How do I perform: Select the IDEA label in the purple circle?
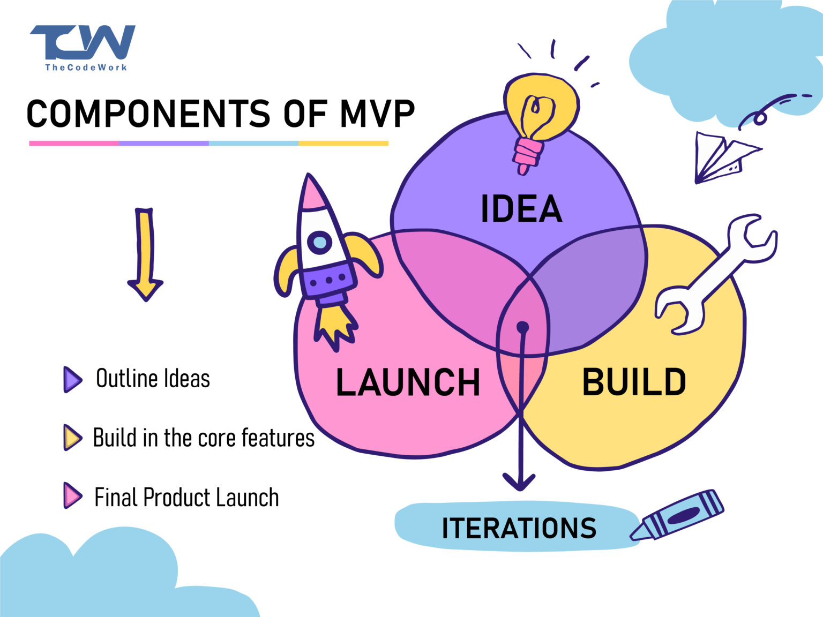click(521, 209)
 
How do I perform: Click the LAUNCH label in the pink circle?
click(408, 382)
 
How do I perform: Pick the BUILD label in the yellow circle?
click(634, 382)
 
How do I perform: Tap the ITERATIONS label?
click(519, 528)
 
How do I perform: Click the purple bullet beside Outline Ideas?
click(72, 379)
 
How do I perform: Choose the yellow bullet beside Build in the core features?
click(72, 438)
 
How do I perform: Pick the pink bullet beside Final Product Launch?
click(72, 496)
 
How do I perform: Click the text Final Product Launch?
click(186, 498)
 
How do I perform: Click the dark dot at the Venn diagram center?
click(522, 327)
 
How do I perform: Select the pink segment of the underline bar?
click(74, 144)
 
